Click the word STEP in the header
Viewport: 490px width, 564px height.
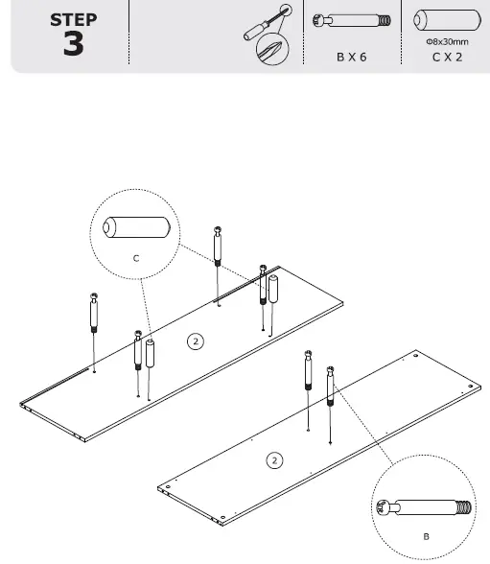[x=72, y=19]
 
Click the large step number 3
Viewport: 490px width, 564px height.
[x=73, y=44]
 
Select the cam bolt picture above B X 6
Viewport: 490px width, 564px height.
[x=352, y=19]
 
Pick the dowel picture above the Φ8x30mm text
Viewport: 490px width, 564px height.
[x=446, y=20]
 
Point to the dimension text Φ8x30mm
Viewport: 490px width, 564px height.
[x=446, y=42]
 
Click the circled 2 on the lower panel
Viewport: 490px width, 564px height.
[x=274, y=461]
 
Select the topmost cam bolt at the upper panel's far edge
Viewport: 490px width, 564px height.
[x=220, y=246]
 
